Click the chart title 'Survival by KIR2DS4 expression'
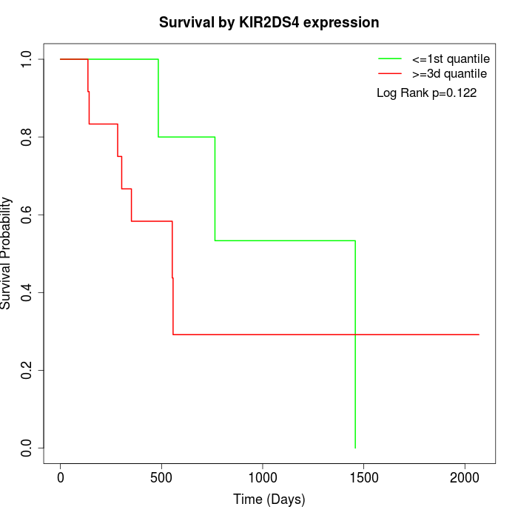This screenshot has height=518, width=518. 269,23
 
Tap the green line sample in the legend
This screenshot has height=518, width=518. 389,58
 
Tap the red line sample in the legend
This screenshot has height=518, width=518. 389,74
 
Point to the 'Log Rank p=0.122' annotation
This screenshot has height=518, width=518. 426,93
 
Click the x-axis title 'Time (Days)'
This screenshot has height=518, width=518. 269,499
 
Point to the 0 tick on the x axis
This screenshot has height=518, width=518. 61,478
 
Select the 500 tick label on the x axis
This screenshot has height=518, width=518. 161,478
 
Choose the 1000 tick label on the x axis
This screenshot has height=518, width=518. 263,478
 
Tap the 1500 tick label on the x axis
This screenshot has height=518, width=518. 363,478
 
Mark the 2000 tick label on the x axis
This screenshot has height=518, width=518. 465,478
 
